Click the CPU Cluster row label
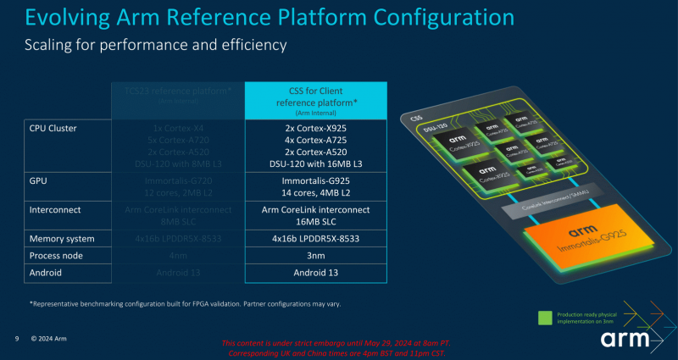point(53,129)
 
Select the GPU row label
point(39,180)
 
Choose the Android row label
point(47,272)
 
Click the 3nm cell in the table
point(316,255)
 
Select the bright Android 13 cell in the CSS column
point(316,272)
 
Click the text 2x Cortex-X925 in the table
point(316,128)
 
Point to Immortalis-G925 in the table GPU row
point(316,180)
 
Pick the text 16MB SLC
point(316,220)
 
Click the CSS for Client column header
point(316,98)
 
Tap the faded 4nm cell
point(178,255)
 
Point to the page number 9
point(17,340)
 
